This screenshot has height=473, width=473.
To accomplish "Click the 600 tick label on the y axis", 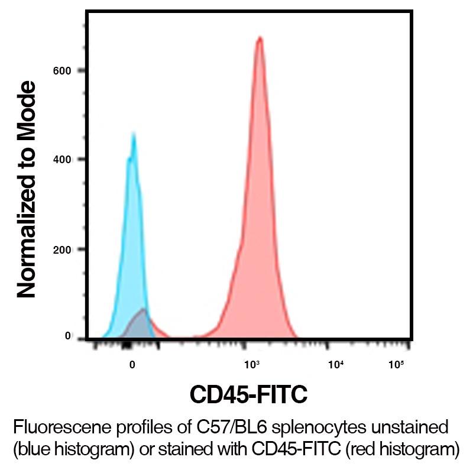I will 63,71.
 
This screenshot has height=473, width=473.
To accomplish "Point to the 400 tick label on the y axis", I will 63,160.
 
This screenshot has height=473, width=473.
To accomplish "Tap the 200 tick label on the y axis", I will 63,250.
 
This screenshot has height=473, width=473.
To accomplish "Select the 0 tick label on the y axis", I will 67,336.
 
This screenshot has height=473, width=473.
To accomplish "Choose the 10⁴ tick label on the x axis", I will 336,364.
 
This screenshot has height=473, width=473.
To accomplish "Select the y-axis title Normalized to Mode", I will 27,189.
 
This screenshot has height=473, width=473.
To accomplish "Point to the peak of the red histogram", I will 259,39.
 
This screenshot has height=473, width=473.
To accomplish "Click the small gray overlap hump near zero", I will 141,322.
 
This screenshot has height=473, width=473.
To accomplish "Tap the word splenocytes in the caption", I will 335,426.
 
